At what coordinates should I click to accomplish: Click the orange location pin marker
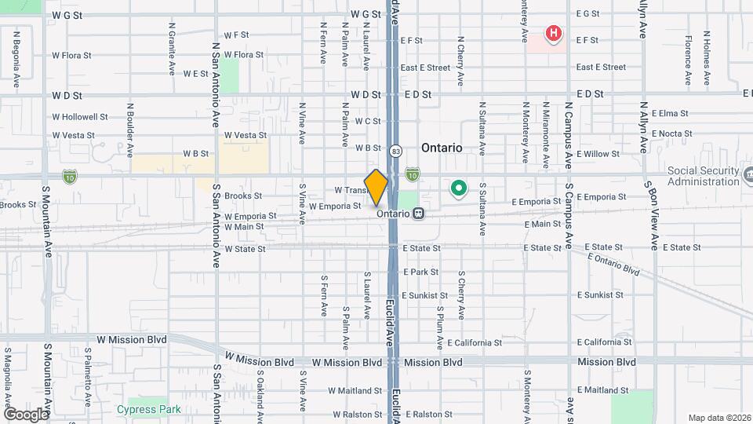tap(376, 188)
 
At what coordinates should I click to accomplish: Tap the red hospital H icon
tap(555, 34)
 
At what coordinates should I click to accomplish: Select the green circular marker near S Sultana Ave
tap(458, 188)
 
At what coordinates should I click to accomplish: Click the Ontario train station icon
tap(420, 213)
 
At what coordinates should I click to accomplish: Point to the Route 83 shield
tap(396, 151)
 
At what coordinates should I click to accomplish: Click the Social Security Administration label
tap(703, 177)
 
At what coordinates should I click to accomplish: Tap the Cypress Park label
tap(148, 409)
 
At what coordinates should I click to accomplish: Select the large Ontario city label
tap(442, 148)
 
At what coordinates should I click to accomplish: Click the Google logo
tap(26, 414)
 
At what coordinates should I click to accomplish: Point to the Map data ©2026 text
tap(718, 418)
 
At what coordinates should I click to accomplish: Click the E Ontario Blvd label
tap(613, 264)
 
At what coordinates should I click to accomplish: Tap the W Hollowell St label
tap(80, 117)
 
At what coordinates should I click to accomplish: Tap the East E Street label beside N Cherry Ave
tap(425, 68)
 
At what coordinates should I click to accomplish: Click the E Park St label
tap(420, 272)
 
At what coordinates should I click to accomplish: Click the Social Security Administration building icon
tap(748, 173)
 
